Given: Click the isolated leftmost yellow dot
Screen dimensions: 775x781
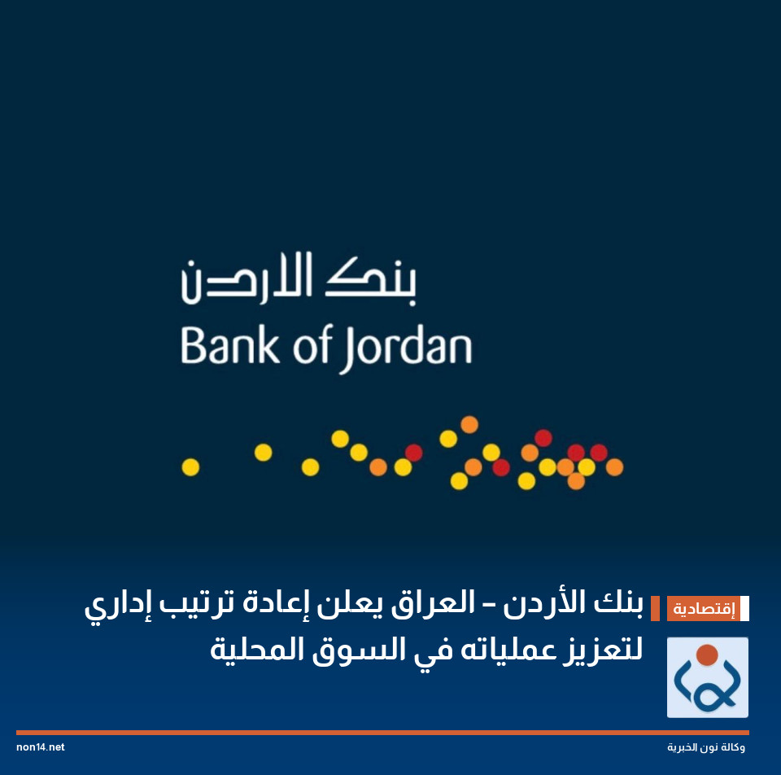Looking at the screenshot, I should (x=190, y=467).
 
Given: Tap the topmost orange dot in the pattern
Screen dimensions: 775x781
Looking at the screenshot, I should (x=469, y=424).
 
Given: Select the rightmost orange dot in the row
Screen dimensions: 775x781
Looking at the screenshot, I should (x=614, y=467).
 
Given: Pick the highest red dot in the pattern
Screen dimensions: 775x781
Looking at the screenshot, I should (x=543, y=438).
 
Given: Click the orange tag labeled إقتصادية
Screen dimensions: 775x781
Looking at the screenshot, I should (x=699, y=608).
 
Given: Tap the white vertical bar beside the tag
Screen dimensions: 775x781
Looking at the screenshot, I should (x=744, y=608).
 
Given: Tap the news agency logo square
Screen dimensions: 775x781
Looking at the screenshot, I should (x=707, y=677).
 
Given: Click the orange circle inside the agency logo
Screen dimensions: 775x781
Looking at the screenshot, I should (x=707, y=655).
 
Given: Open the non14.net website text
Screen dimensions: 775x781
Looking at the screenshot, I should (x=40, y=747).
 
